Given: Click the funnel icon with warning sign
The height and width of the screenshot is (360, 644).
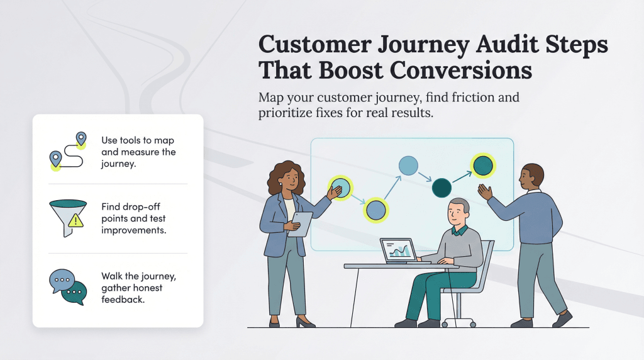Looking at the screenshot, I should pos(67,217).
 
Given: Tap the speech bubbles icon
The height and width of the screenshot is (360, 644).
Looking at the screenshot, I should pos(67,286).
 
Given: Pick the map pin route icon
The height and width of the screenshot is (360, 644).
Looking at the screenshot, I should pos(67,151).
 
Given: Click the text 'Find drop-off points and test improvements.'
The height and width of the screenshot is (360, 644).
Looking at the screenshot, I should pos(133,218).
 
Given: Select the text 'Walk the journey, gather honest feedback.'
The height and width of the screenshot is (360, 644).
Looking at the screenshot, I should pos(132,288).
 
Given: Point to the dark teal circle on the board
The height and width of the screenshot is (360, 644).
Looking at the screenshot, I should pos(441,187).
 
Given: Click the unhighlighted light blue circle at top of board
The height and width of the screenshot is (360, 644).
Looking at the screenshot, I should pos(408,166).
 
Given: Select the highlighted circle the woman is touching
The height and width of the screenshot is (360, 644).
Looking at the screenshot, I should pos(340,188).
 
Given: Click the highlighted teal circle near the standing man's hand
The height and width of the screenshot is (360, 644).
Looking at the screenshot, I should pos(482,166).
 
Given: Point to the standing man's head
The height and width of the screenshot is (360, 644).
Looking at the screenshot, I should pos(533,176).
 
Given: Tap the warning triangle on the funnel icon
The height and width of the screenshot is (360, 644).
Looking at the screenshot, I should pos(76,220).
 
